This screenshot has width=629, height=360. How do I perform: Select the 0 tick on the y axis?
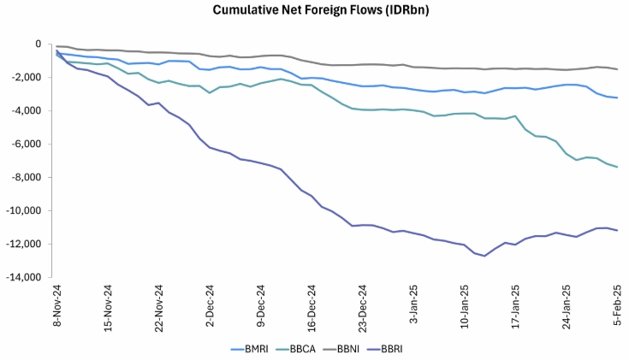point(37,44)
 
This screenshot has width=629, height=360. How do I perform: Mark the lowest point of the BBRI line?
point(484,256)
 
